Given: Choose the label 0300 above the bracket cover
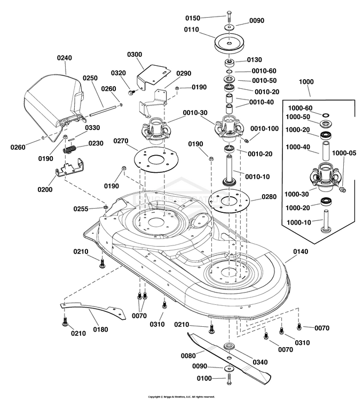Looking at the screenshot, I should click(x=135, y=55).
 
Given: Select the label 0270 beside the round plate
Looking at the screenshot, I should click(x=122, y=141).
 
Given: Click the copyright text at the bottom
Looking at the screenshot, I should click(x=181, y=396).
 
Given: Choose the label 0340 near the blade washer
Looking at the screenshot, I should click(x=260, y=362).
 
